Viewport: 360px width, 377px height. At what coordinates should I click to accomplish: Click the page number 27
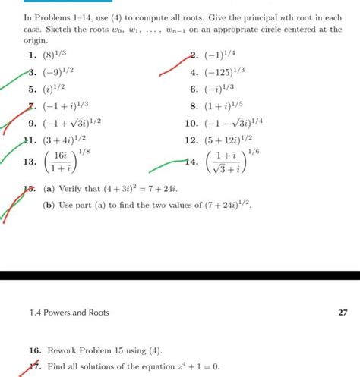point(341,313)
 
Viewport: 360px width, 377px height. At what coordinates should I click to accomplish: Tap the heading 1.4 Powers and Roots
point(67,313)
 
